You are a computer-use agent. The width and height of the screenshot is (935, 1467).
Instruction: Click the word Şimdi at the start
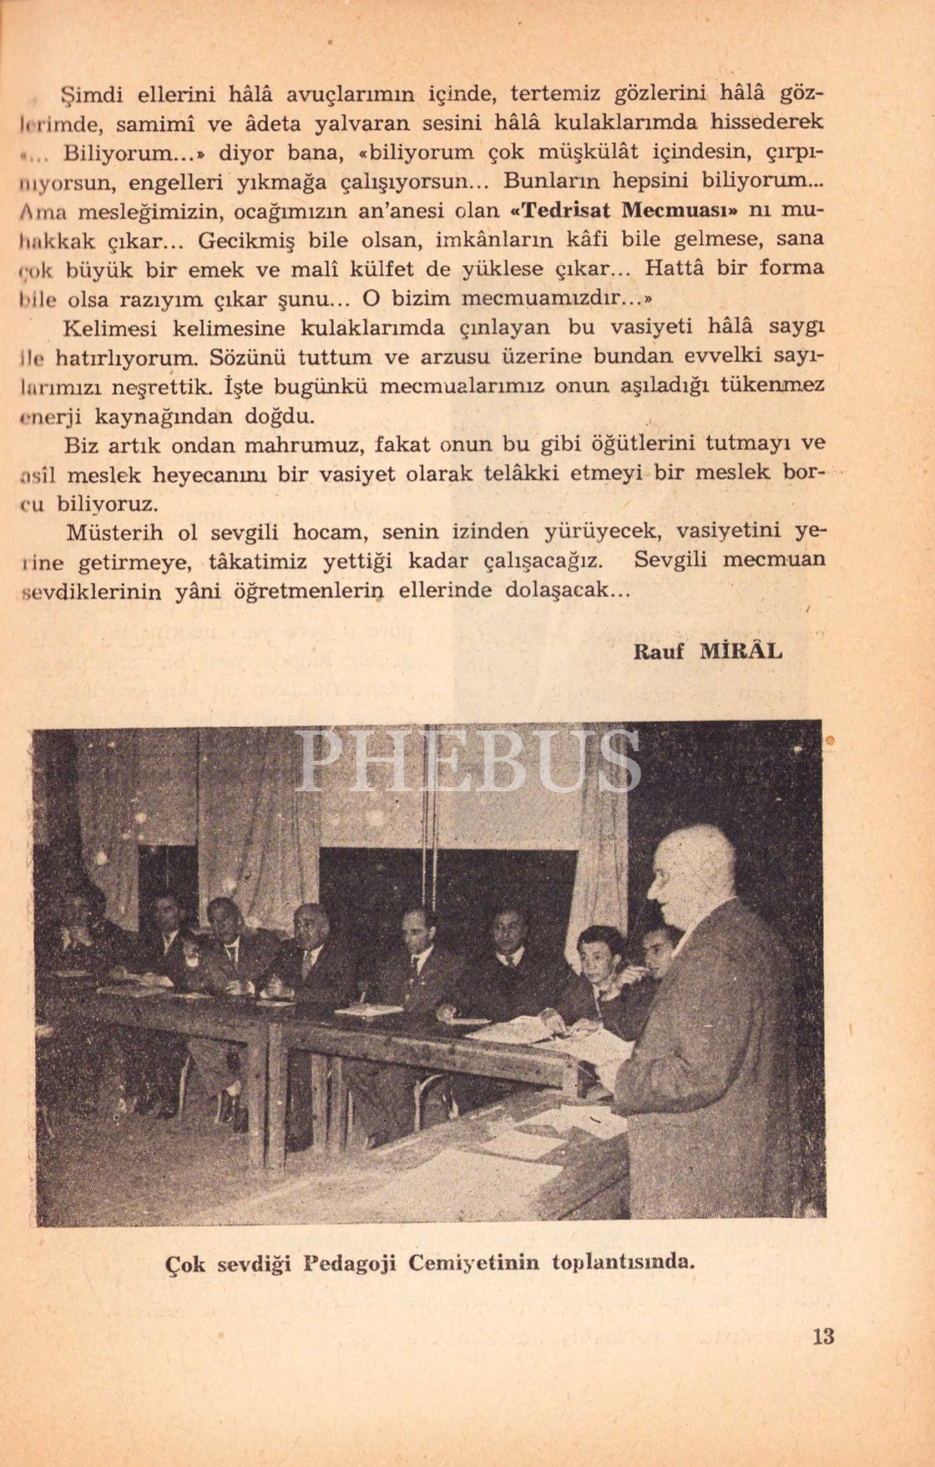pos(92,95)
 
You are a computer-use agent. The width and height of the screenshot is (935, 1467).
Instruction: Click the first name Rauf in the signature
pos(659,651)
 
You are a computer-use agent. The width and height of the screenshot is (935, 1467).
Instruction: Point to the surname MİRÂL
pos(741,651)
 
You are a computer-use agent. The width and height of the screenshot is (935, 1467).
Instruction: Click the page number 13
pos(823,1336)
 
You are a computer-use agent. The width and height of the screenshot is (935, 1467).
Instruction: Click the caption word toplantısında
pos(623,1262)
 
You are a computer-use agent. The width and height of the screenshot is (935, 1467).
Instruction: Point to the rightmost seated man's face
pos(659,945)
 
